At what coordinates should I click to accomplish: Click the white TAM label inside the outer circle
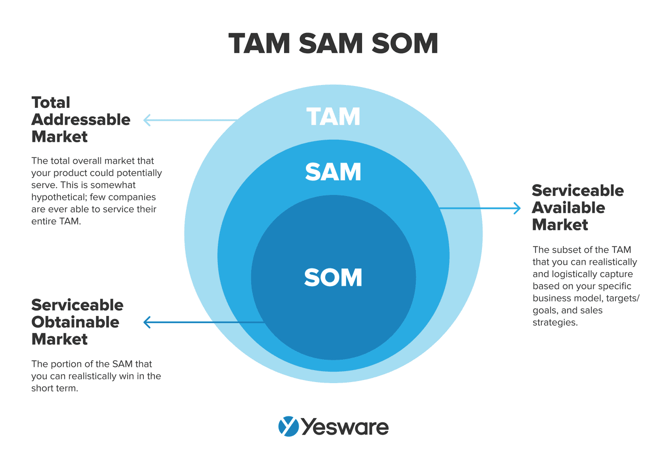click(333, 117)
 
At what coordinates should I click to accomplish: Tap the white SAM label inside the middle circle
click(333, 172)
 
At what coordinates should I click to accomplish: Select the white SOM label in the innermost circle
click(333, 278)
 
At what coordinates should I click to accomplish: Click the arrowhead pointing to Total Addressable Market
click(147, 120)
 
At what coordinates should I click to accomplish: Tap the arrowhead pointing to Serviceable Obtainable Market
click(147, 323)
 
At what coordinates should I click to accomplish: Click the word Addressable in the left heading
click(81, 119)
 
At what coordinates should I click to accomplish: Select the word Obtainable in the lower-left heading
click(75, 322)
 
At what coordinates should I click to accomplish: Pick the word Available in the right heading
click(568, 207)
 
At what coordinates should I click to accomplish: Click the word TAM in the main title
click(260, 44)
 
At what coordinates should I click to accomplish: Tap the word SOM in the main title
click(405, 44)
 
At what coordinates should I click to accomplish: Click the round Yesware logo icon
click(288, 426)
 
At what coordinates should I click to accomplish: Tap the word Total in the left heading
click(51, 102)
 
